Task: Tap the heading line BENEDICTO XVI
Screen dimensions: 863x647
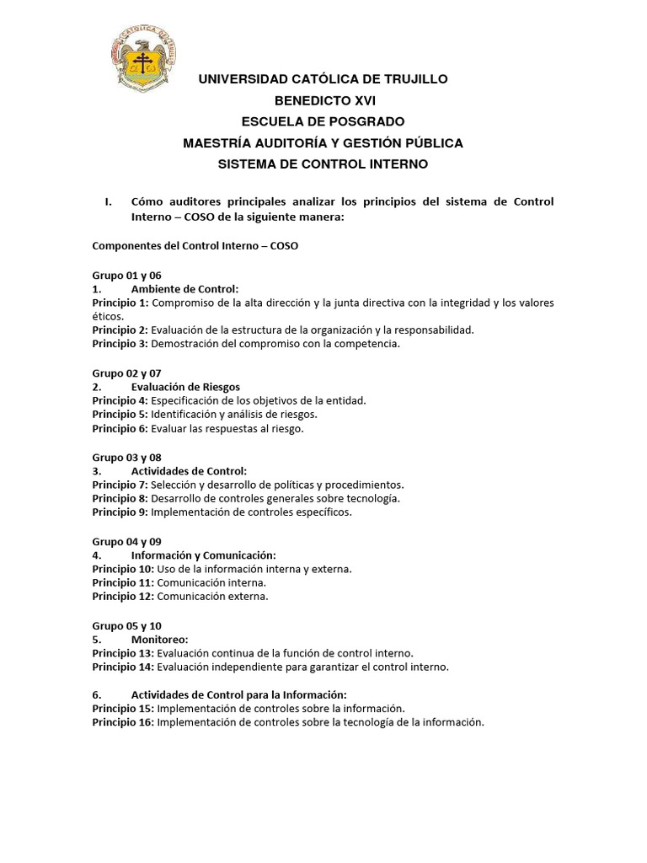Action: click(x=323, y=100)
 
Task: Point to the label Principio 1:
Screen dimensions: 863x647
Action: click(x=120, y=303)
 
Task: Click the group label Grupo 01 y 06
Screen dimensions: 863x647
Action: click(x=126, y=276)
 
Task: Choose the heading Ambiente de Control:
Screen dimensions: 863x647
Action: click(x=184, y=289)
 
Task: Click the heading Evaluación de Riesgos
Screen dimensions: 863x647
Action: click(x=185, y=387)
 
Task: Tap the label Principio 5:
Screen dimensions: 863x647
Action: click(x=120, y=415)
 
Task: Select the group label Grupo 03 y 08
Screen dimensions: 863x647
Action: click(x=126, y=458)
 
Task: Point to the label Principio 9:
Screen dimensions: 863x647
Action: click(x=120, y=512)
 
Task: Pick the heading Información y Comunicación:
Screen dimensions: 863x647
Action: click(x=203, y=555)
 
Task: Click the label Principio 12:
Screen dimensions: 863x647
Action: click(x=123, y=597)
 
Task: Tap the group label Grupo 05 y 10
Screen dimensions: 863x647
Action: click(x=126, y=625)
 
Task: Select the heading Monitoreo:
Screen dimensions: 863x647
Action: click(x=159, y=640)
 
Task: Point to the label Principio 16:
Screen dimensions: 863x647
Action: click(x=123, y=722)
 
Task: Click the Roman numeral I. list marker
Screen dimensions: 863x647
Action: click(x=108, y=202)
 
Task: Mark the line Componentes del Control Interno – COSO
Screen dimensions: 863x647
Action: click(x=195, y=246)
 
